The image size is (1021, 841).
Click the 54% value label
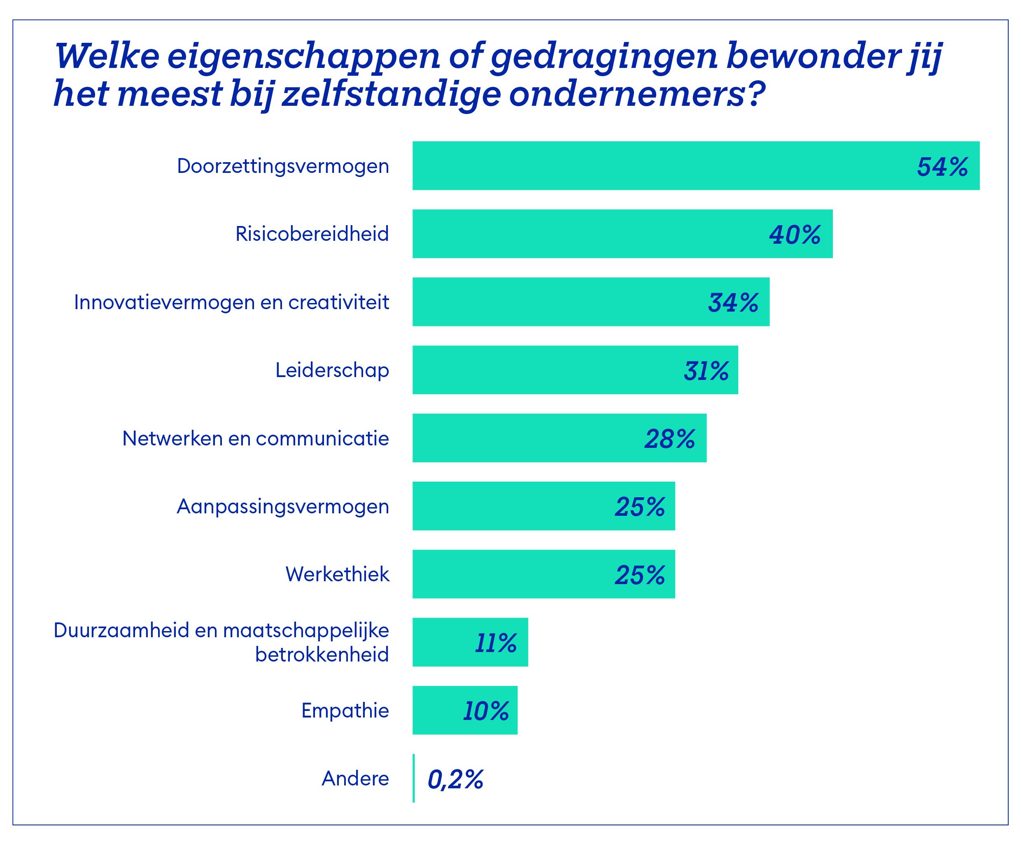click(x=942, y=167)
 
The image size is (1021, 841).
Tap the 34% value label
click(x=733, y=303)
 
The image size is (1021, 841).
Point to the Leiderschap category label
click(x=332, y=370)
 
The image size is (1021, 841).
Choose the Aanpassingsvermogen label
click(x=283, y=507)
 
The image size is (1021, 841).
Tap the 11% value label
click(x=496, y=643)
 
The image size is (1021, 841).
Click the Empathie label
click(x=345, y=711)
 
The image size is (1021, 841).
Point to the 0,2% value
click(x=455, y=780)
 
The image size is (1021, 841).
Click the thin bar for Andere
click(x=413, y=778)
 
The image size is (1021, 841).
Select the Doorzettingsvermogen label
click(x=283, y=166)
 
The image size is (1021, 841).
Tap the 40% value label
click(x=795, y=235)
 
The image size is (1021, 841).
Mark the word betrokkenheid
click(x=322, y=655)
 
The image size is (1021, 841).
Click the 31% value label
click(x=706, y=371)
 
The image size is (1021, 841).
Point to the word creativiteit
click(x=339, y=302)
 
